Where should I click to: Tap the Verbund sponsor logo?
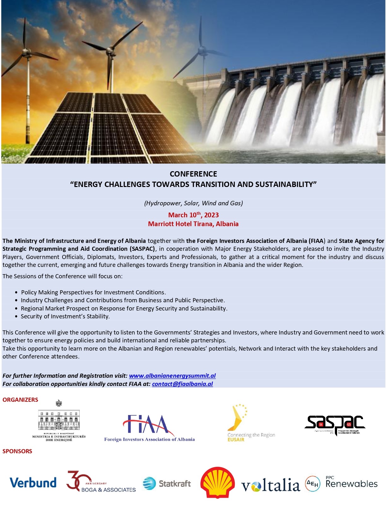pyautogui.click(x=33, y=483)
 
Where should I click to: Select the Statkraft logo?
pyautogui.click(x=167, y=484)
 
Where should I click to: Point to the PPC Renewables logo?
pyautogui.click(x=341, y=483)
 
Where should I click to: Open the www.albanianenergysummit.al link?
pyautogui.click(x=172, y=376)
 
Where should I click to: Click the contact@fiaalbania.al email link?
pyautogui.click(x=182, y=384)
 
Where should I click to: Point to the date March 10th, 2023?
pyautogui.click(x=193, y=215)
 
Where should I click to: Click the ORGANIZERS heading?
pyautogui.click(x=20, y=400)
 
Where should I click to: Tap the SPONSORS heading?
pyautogui.click(x=17, y=451)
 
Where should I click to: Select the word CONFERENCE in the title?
pyautogui.click(x=193, y=174)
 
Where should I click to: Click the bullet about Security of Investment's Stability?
pyautogui.click(x=65, y=316)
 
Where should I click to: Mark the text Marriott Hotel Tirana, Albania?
pyautogui.click(x=193, y=224)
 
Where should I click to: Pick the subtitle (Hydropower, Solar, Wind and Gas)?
pyautogui.click(x=193, y=203)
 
